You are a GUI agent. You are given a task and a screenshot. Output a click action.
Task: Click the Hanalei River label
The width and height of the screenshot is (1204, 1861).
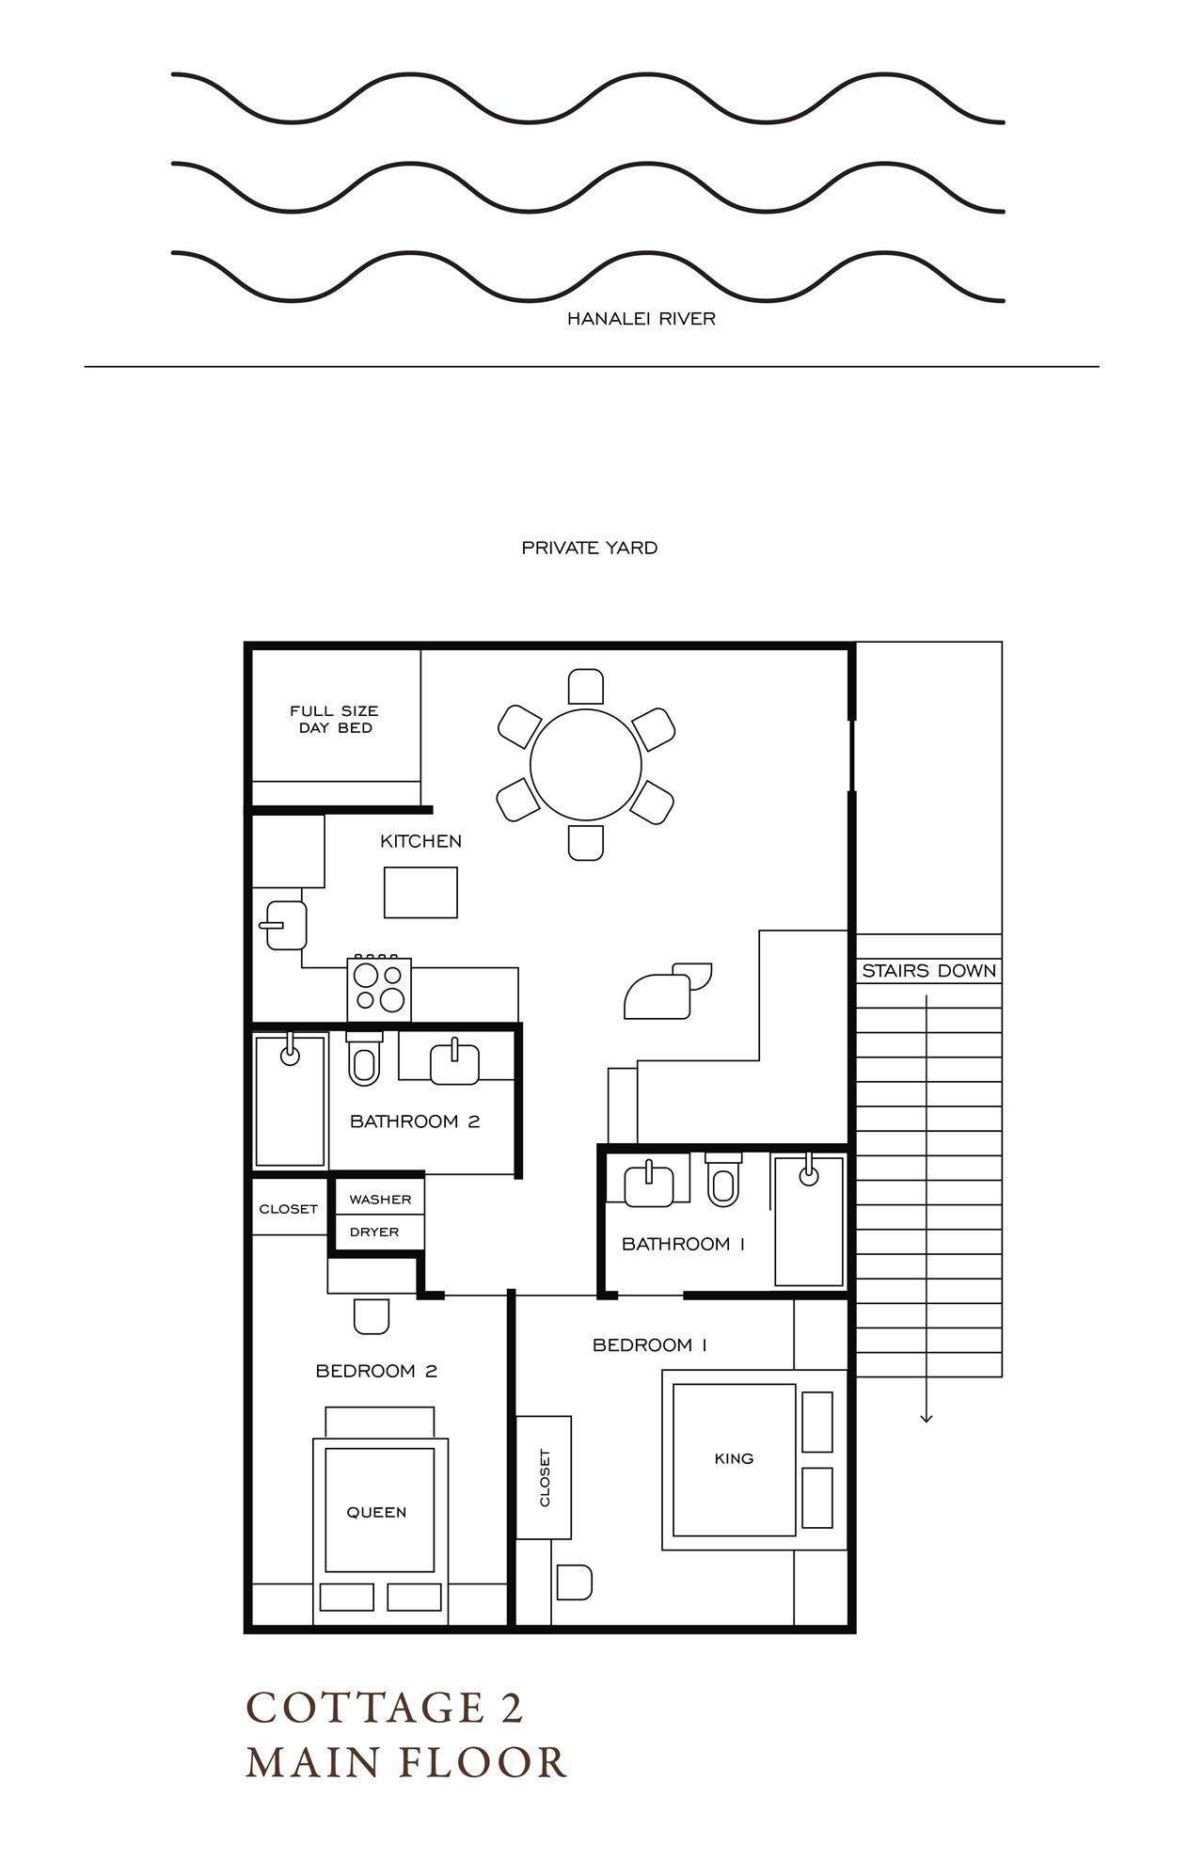[641, 319]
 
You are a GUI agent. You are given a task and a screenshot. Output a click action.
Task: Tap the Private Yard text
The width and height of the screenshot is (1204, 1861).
[589, 548]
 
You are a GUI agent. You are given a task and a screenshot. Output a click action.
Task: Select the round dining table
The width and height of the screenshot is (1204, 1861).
[586, 765]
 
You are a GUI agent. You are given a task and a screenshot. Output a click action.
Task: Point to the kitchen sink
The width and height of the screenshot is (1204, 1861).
[285, 925]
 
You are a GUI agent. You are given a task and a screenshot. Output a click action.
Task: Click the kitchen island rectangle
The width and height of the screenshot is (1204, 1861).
[420, 892]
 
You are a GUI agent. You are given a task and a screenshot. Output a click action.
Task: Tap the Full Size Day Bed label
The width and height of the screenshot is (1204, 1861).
[334, 719]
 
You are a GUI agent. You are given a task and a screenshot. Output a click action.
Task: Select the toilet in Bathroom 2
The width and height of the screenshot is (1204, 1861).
[363, 1060]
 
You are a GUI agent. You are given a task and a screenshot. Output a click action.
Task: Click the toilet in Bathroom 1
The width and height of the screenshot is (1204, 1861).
[722, 1182]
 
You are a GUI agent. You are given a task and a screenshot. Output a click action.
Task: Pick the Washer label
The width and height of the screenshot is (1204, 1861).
[380, 1200]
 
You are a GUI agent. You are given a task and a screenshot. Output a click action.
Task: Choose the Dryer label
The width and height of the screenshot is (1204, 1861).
[374, 1232]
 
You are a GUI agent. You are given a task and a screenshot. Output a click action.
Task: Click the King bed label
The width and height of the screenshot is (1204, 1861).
[734, 1458]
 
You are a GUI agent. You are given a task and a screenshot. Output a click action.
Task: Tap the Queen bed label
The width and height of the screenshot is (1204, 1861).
[376, 1512]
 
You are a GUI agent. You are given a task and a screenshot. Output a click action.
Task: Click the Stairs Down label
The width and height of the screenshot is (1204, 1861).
[928, 971]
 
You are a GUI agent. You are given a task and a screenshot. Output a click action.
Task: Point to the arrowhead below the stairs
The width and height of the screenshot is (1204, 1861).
[927, 1418]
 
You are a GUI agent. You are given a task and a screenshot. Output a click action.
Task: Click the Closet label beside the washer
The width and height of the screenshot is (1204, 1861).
[288, 1209]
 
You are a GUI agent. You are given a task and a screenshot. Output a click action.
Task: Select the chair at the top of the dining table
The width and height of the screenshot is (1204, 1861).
[586, 686]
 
